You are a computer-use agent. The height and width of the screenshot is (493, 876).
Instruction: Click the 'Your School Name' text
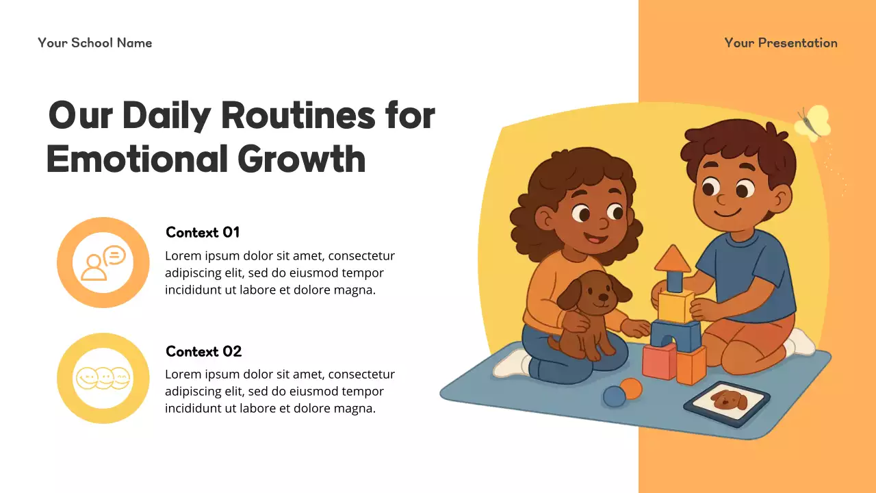coord(95,42)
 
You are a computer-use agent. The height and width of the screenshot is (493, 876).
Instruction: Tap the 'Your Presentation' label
coord(780,42)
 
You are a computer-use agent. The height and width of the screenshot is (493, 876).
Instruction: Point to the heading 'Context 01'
coord(203,232)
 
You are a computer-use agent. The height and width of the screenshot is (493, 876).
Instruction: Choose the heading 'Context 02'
coord(203,351)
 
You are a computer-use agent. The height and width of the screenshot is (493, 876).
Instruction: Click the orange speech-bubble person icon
coord(103,263)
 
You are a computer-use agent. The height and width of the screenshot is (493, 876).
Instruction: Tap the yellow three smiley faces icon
coord(103,378)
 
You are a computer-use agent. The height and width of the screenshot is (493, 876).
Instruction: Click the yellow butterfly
coord(813,123)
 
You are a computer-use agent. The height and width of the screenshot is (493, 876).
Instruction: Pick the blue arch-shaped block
coord(675,335)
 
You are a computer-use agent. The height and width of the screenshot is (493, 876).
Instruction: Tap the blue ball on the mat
coord(614,396)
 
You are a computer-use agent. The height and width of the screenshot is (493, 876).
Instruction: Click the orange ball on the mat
coord(632,389)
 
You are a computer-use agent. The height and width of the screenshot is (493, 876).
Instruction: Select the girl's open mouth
coord(595,240)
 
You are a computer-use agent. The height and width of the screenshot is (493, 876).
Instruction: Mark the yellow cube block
coord(675,306)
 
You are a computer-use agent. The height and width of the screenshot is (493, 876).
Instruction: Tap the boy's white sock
coord(799,342)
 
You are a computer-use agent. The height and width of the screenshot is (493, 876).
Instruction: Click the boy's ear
coord(782,198)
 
